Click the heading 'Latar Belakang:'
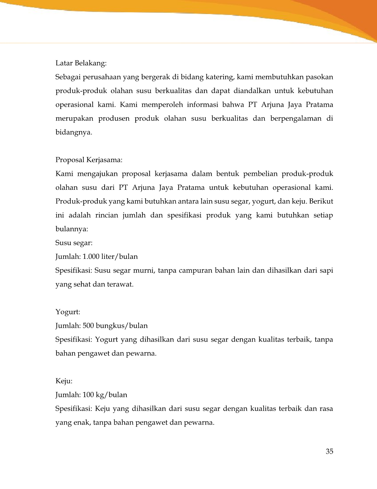81,63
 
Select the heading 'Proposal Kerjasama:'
89,160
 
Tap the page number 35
329,452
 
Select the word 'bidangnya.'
73,132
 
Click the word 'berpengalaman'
295,118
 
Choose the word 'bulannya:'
72,229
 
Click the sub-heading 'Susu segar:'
74,243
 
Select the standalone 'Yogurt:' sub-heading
68,312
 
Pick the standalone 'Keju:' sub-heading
64,381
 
